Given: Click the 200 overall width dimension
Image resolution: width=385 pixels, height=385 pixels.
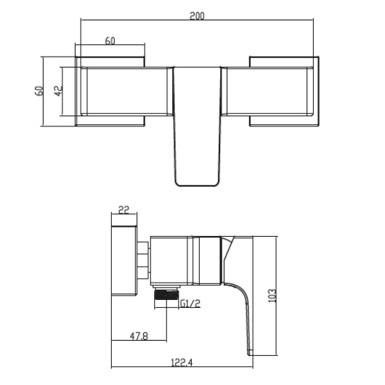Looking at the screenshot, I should (x=197, y=15).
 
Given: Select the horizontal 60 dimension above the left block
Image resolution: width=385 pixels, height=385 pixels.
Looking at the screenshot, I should (x=110, y=41).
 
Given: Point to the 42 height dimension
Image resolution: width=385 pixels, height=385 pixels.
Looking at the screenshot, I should (x=59, y=91).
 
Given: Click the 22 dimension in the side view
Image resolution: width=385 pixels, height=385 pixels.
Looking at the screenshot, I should (x=123, y=210).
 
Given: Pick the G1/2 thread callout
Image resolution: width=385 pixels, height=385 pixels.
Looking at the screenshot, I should (x=190, y=306).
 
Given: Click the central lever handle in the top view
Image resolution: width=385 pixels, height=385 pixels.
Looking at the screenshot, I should (x=196, y=123).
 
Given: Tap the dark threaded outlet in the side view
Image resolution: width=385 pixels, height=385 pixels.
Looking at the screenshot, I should (x=166, y=296).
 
